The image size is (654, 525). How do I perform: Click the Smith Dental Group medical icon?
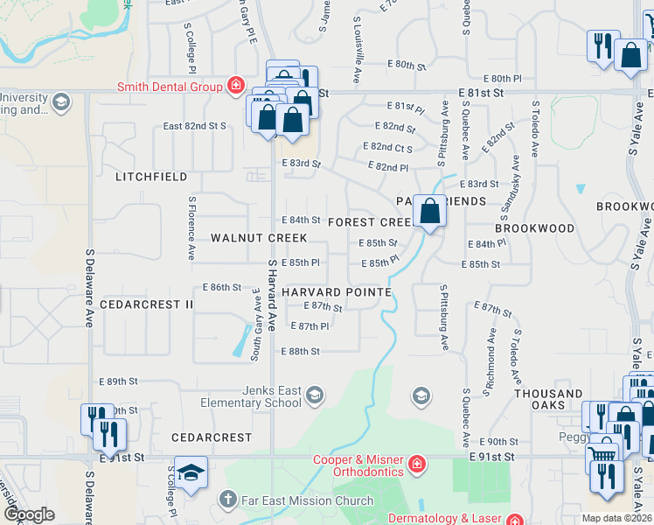(x=235, y=86)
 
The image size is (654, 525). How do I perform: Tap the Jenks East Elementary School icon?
(x=314, y=395)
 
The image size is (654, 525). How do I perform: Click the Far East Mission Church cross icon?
(x=228, y=500)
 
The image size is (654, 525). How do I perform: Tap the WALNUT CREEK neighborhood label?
(x=259, y=238)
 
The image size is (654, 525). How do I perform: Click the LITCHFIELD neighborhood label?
(x=151, y=177)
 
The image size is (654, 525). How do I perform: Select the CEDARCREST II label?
(x=146, y=304)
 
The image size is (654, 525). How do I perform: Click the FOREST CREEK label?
(x=371, y=222)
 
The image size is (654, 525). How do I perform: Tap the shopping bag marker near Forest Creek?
(x=429, y=211)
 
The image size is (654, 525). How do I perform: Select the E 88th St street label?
(x=300, y=351)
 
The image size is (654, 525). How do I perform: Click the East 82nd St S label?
(x=195, y=126)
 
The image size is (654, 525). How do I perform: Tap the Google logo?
(x=28, y=514)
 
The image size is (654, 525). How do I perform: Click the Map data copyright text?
(x=616, y=518)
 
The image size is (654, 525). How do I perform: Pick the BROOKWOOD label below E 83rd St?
(x=534, y=228)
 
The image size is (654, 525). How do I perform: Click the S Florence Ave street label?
(x=191, y=227)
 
